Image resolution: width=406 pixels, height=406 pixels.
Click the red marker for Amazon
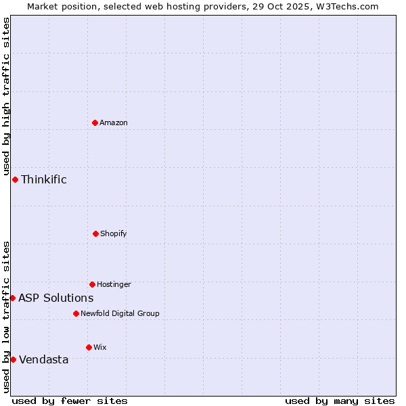click(95, 122)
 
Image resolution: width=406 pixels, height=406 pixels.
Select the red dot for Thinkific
click(15, 179)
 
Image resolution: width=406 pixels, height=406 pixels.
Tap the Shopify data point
click(95, 233)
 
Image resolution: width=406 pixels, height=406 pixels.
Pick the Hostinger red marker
click(92, 284)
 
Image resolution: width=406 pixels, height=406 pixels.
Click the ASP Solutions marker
click(12, 298)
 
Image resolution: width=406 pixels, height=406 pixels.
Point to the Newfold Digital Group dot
click(76, 313)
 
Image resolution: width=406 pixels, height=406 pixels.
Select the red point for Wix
click(89, 347)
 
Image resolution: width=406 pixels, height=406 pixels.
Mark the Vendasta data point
click(13, 359)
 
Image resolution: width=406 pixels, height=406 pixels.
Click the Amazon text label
click(114, 122)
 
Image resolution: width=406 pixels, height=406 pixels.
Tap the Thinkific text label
click(44, 179)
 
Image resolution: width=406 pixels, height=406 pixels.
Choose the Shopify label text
click(114, 233)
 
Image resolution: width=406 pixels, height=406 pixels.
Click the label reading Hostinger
click(114, 284)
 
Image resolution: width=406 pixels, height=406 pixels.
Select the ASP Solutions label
click(56, 298)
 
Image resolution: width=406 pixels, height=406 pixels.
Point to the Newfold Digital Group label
click(120, 313)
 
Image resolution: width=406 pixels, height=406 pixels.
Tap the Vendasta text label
click(44, 359)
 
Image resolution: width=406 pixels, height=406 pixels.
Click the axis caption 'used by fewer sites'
click(70, 401)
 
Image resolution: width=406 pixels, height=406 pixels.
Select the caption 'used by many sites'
click(340, 401)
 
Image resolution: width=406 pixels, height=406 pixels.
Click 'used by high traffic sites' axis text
click(6, 96)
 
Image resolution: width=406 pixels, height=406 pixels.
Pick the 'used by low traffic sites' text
click(6, 316)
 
